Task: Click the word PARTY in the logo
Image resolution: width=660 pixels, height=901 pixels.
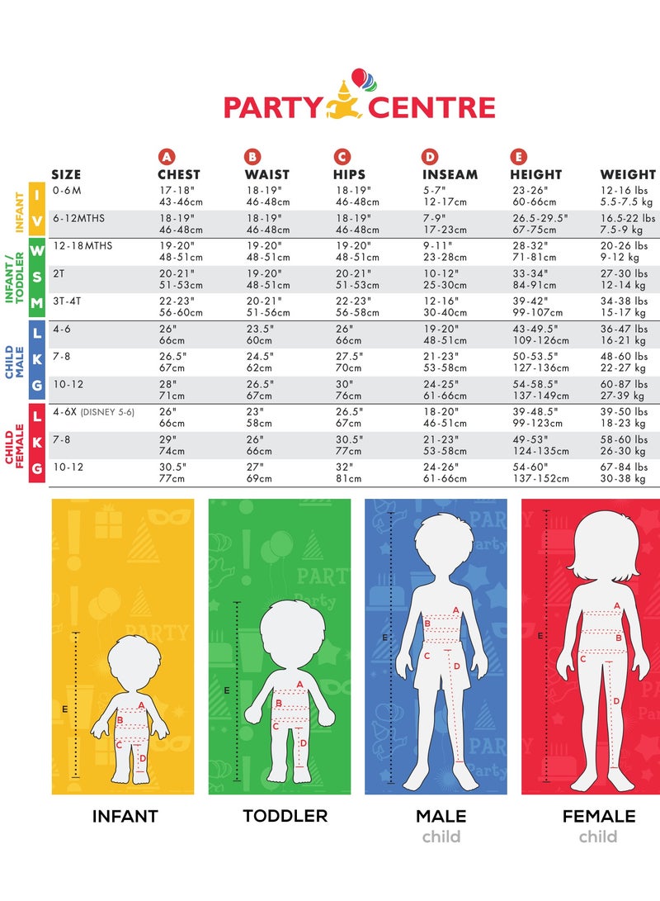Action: click(x=272, y=108)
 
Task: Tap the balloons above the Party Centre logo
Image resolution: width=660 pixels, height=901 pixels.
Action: click(x=361, y=79)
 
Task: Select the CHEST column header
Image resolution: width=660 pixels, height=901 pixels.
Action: click(x=179, y=174)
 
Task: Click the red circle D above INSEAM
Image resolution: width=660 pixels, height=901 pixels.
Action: click(x=430, y=157)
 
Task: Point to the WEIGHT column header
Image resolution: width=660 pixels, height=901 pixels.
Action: click(x=628, y=174)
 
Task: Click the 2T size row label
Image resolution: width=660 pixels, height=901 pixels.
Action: click(x=57, y=273)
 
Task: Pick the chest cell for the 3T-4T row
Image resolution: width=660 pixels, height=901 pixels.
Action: click(x=181, y=307)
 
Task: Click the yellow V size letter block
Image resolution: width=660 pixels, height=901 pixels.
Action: click(x=36, y=225)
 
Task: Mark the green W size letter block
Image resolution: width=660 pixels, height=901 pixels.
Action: click(x=36, y=251)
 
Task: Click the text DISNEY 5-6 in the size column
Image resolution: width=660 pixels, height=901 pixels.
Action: click(x=107, y=412)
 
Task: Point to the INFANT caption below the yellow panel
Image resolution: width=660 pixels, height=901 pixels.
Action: click(x=125, y=816)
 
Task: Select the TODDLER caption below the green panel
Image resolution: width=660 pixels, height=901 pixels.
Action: click(x=285, y=816)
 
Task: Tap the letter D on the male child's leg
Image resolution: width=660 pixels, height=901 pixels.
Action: click(x=456, y=666)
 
